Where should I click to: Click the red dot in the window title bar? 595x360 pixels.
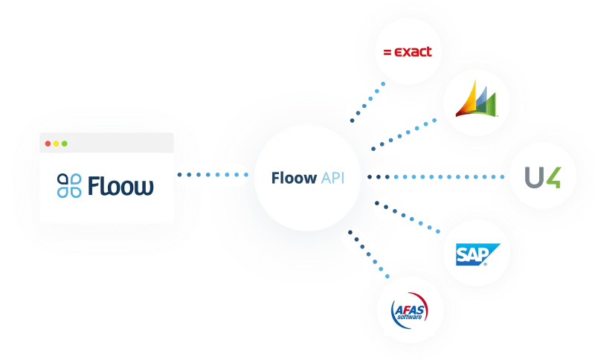[x=48, y=144]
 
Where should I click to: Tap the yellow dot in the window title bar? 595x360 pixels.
[x=57, y=144]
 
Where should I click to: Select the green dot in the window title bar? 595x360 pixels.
[x=65, y=144]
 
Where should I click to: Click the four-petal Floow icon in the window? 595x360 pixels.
[x=69, y=185]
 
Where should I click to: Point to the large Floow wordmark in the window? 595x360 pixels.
[x=120, y=185]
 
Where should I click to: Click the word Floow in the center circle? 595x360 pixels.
[x=294, y=178]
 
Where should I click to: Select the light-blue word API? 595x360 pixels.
[x=332, y=178]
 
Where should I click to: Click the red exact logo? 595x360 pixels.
[x=408, y=51]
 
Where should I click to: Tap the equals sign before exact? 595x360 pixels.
[x=387, y=52]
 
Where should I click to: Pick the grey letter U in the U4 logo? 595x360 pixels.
[x=534, y=177]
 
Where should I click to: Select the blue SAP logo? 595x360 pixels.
[x=477, y=254]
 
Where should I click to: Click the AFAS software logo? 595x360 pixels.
[x=410, y=310]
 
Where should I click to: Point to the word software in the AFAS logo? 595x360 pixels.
[x=410, y=317]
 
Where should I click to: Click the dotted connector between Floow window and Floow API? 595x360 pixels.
[x=213, y=175]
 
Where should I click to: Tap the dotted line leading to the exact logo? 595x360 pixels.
[x=367, y=102]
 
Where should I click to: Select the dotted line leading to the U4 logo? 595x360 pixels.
[x=437, y=177]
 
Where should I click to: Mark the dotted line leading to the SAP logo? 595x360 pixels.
[x=407, y=217]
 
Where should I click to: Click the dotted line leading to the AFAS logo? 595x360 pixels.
[x=368, y=254]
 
